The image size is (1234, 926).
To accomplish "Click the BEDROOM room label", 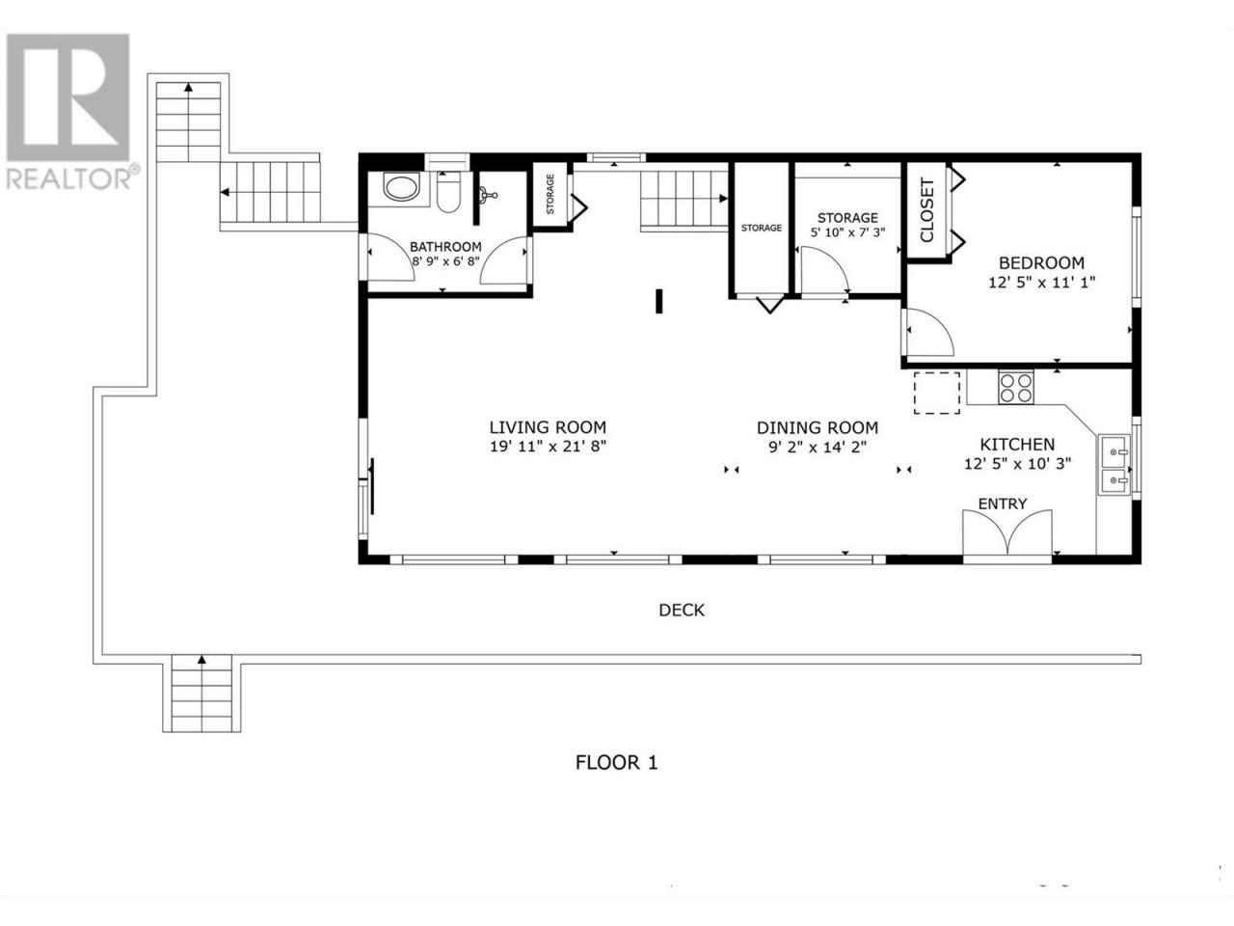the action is pyautogui.click(x=1041, y=262).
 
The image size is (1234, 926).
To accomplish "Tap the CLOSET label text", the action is pyautogui.click(x=927, y=210).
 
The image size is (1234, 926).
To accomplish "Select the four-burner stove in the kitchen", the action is pyautogui.click(x=1015, y=388).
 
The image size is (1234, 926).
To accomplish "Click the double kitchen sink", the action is pyautogui.click(x=1113, y=464).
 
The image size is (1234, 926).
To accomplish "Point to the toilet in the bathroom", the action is pyautogui.click(x=448, y=191).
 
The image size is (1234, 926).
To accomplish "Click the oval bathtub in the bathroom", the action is pyautogui.click(x=401, y=187).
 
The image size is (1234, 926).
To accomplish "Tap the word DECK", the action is pyautogui.click(x=682, y=610).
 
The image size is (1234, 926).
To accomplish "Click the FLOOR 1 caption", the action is pyautogui.click(x=616, y=762).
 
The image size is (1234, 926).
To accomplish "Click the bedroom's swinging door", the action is pyautogui.click(x=927, y=332).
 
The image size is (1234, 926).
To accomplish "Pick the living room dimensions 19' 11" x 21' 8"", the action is pyautogui.click(x=548, y=447).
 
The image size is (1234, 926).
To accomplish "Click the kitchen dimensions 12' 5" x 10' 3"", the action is pyautogui.click(x=1017, y=463).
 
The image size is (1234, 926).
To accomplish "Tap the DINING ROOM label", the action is pyautogui.click(x=818, y=428).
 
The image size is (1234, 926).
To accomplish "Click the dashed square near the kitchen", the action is pyautogui.click(x=937, y=393).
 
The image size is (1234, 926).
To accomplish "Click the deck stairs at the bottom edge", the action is pyautogui.click(x=201, y=694).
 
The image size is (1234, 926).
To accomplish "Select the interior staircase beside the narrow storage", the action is pyautogui.click(x=684, y=199).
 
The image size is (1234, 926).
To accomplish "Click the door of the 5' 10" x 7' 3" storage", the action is pyautogui.click(x=824, y=270).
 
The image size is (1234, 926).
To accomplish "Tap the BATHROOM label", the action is pyautogui.click(x=445, y=246).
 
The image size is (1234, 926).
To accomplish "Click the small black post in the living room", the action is pyautogui.click(x=658, y=301).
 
